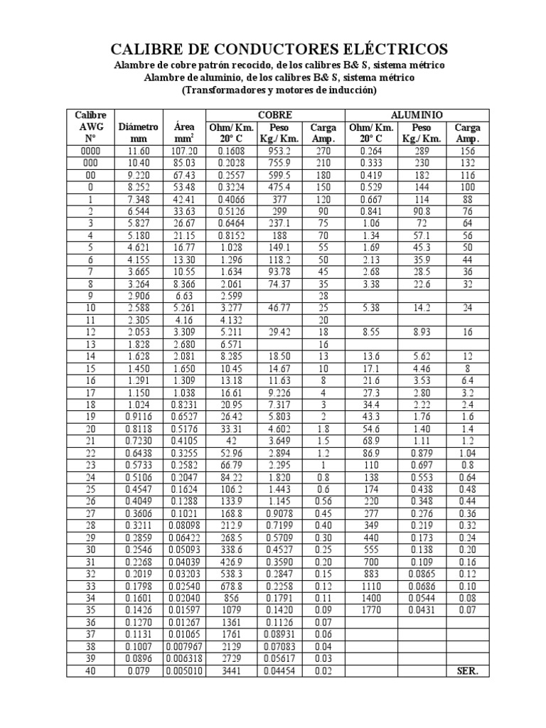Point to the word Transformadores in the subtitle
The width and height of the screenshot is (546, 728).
(x=225, y=91)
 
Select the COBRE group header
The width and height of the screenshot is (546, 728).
(x=275, y=114)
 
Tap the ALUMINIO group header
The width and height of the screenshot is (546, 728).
(x=417, y=114)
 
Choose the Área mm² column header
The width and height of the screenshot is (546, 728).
(x=184, y=132)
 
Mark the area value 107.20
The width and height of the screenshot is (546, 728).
(x=184, y=151)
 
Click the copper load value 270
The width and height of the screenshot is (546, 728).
(x=323, y=151)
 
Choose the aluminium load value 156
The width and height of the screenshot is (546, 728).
(x=466, y=151)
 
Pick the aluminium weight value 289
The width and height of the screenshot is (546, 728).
(x=422, y=151)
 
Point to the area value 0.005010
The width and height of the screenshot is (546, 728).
(x=184, y=670)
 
